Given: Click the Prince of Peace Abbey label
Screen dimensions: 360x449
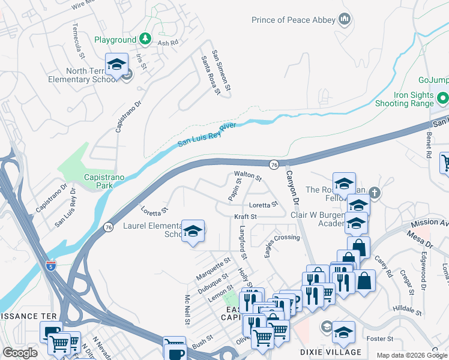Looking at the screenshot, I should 293,20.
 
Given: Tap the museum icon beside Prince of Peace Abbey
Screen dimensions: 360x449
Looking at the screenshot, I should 345,20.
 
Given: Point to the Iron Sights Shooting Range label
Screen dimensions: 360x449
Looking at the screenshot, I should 405,99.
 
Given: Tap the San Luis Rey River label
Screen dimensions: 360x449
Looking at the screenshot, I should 207,135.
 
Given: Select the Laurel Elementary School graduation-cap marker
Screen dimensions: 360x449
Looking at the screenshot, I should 193,232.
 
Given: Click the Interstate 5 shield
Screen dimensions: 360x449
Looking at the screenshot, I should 52,265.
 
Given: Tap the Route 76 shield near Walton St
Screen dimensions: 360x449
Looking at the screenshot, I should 274,164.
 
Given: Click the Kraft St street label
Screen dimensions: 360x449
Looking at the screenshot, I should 245,217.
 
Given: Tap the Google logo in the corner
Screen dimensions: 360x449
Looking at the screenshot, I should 20,353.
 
